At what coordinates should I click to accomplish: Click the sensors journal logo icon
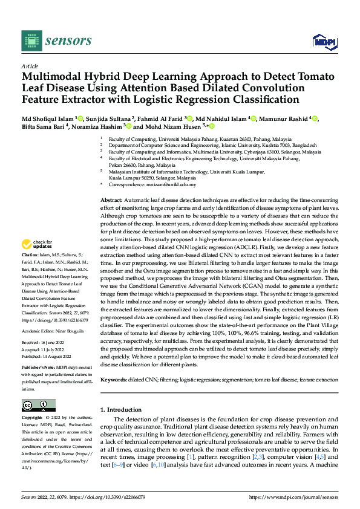32,41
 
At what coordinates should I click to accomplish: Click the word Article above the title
30,66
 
